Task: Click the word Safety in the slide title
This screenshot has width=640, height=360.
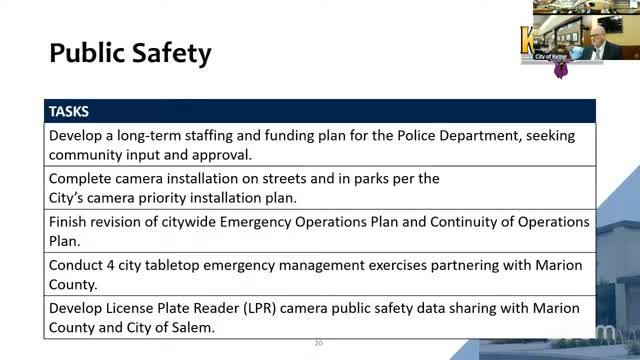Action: coord(172,52)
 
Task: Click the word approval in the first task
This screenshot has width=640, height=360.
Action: coord(221,155)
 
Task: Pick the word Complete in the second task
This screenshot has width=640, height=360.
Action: coord(82,178)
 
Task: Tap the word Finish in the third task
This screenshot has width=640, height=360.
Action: coord(71,222)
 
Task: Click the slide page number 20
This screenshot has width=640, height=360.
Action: coord(319,343)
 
